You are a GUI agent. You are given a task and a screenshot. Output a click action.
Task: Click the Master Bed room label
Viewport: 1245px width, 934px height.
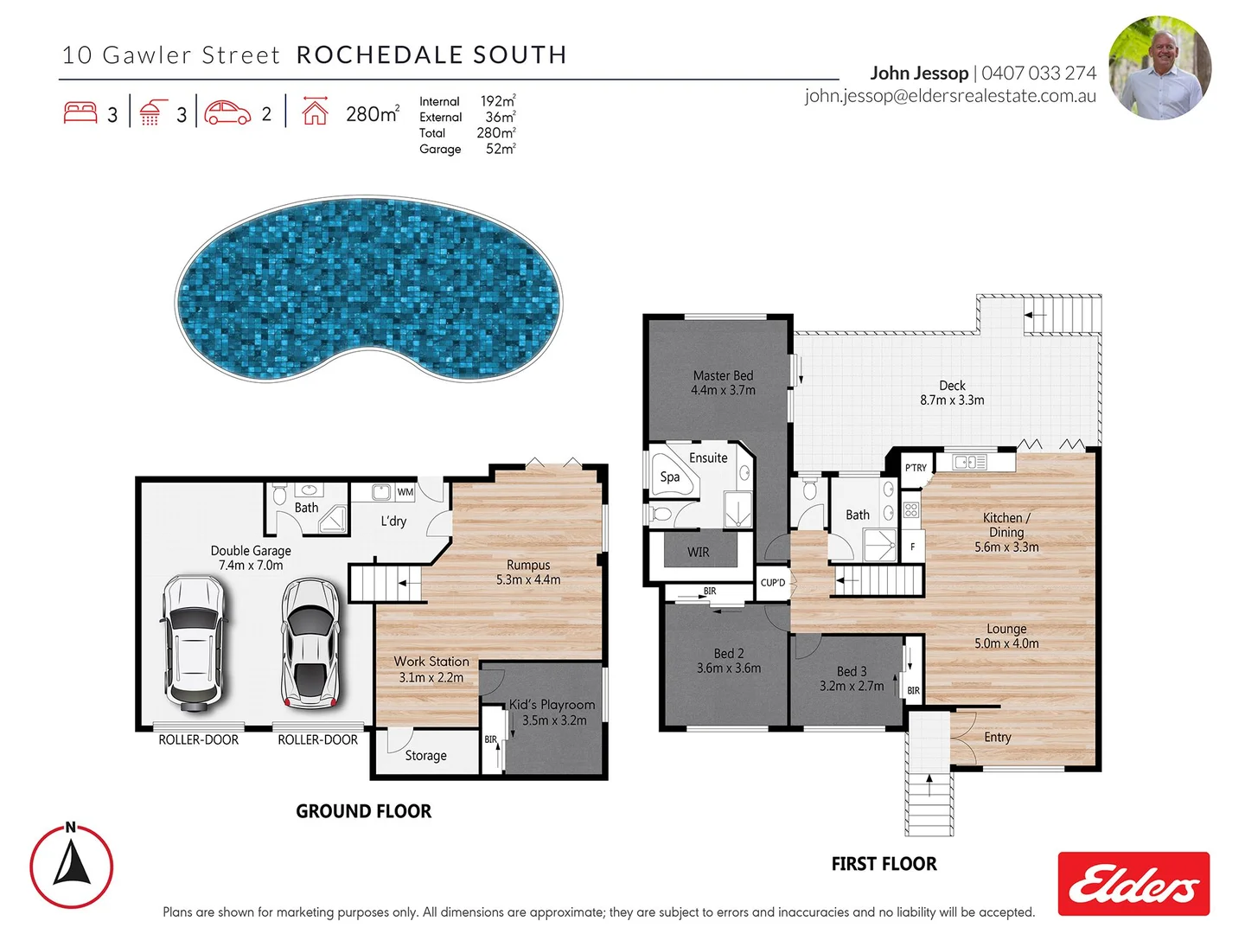pos(723,382)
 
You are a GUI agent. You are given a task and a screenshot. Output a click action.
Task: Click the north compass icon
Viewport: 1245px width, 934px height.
pos(72,867)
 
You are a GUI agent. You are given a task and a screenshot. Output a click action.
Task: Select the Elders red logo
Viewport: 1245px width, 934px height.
pos(1133,884)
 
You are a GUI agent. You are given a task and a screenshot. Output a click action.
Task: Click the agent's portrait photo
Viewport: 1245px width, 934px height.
pos(1159,67)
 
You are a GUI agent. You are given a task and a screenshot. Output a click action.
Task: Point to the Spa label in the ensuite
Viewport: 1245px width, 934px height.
pos(670,477)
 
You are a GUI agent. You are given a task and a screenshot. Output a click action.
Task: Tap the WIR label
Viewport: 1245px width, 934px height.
pos(699,552)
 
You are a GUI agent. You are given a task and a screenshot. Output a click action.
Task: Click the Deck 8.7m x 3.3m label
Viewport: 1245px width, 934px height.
pos(952,393)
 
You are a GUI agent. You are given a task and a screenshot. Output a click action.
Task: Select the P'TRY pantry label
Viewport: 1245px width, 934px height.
pos(916,468)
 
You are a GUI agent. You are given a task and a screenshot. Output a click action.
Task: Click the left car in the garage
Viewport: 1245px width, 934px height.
pos(195,641)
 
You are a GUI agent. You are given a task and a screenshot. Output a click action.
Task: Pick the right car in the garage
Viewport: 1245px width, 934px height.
pos(310,642)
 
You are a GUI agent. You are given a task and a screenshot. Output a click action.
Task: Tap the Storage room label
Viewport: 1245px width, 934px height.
pos(425,756)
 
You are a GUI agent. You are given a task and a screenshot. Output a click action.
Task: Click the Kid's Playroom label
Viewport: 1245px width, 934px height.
pos(552,712)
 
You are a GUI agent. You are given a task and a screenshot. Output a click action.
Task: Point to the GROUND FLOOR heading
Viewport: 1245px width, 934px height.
pos(363,811)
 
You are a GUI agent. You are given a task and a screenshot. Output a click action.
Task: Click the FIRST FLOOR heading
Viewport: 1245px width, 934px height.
pos(884,864)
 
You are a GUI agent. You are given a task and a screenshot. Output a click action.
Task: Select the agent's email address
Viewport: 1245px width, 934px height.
pos(950,96)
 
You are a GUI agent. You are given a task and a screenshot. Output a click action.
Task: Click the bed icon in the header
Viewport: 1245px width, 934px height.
pos(80,113)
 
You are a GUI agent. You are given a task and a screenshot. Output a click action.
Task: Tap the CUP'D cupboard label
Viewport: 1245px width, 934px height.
pos(773,582)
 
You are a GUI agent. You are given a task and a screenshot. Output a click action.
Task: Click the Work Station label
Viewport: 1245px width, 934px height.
pos(431,669)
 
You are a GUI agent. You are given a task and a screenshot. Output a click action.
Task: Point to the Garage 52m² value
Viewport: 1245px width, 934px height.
pos(500,149)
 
